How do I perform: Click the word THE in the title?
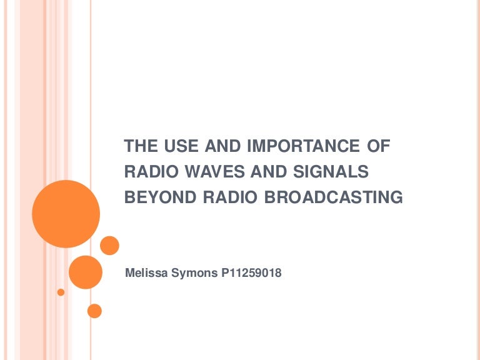point(139,147)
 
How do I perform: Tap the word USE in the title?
point(177,147)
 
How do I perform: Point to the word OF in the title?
point(377,147)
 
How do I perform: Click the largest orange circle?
point(66,214)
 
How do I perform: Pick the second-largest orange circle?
point(85,272)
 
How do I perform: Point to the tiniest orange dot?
point(61,292)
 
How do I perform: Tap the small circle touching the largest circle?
point(109,245)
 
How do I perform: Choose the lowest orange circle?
point(94,310)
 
